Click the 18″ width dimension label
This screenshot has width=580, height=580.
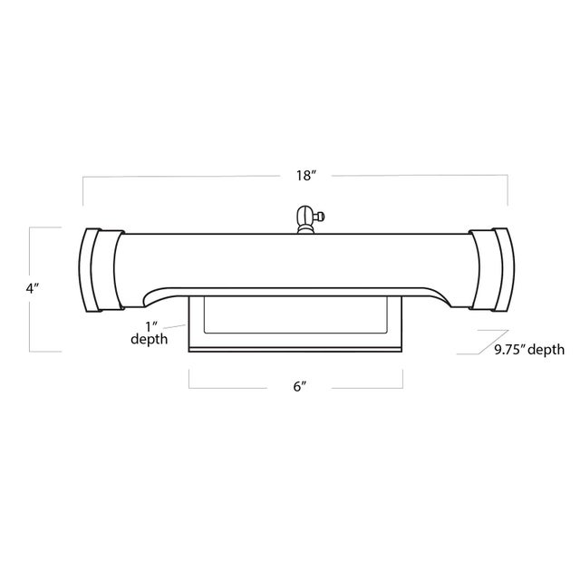tap(304, 175)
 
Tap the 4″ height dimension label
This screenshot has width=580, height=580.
tap(33, 288)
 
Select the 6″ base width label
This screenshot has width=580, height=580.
tap(300, 387)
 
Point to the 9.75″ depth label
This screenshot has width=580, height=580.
tap(529, 349)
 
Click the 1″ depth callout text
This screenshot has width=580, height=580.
tap(150, 333)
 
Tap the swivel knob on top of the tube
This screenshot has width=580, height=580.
tap(306, 219)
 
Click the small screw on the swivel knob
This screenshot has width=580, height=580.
tap(320, 216)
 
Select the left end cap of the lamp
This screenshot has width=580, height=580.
tap(101, 270)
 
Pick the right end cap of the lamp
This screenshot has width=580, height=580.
tap(492, 270)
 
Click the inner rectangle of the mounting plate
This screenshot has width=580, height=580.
tap(295, 315)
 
